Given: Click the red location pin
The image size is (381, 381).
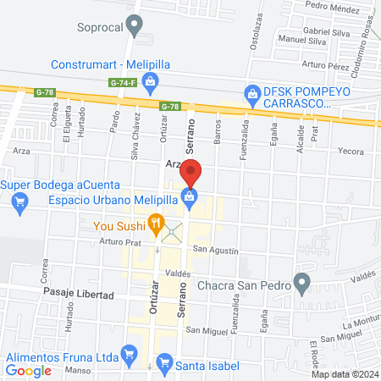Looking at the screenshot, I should [x=192, y=172].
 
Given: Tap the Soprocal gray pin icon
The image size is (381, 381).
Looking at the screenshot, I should [x=135, y=27].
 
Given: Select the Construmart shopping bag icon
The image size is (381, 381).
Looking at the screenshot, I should [x=150, y=81].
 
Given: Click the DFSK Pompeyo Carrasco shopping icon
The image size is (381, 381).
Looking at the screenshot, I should [x=251, y=93].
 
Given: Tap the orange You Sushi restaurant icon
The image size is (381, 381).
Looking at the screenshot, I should [x=155, y=224].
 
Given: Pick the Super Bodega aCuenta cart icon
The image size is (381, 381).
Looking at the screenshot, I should [x=19, y=202].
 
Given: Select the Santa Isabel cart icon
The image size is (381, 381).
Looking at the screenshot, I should [x=166, y=365].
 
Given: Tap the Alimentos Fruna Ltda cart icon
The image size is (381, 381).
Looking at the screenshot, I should [x=129, y=352].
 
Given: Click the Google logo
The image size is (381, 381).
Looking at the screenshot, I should [x=28, y=370].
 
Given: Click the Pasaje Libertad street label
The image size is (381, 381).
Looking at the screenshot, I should [x=79, y=292].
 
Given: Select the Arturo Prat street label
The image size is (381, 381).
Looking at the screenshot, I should [x=123, y=240].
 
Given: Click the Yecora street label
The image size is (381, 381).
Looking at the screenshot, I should [x=351, y=152].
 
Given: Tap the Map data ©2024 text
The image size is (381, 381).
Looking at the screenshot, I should [x=344, y=374].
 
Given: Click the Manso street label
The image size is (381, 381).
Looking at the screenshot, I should [x=78, y=370].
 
